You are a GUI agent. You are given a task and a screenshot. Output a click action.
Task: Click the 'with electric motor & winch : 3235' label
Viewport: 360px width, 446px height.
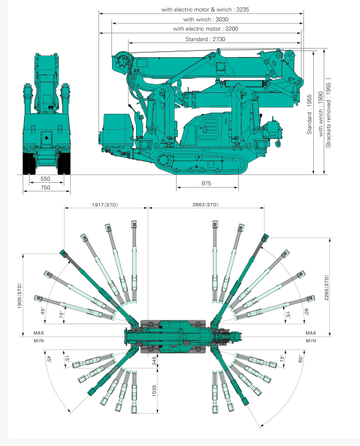(205, 9)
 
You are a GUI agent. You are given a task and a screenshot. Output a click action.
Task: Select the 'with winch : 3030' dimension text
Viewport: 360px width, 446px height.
(206, 19)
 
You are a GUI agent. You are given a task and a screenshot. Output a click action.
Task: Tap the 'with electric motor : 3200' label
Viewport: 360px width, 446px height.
(206, 29)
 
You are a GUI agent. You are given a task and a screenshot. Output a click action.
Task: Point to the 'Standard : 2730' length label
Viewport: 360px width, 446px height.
(205, 39)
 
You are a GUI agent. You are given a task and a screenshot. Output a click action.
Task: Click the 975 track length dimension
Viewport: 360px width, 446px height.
(206, 183)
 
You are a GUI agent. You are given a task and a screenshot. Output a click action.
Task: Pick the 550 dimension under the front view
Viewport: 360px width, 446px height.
(46, 178)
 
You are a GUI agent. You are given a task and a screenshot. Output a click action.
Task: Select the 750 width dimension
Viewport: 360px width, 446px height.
(46, 188)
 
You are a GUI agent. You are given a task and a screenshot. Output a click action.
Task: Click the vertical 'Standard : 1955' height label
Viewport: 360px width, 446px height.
(310, 114)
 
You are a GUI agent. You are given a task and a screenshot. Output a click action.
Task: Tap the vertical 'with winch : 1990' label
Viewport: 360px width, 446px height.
(321, 114)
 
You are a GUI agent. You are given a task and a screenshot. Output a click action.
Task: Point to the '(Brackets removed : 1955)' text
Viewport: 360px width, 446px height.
(329, 113)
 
